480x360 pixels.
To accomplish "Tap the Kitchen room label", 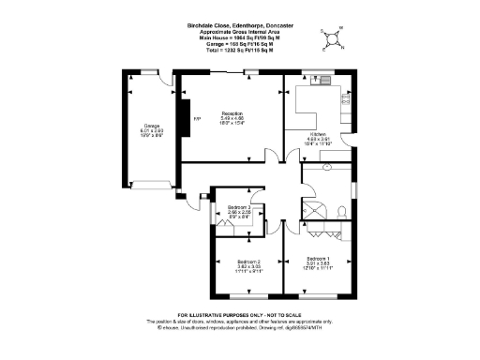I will pyautogui.click(x=320, y=134).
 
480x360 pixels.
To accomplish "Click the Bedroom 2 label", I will pyautogui.click(x=247, y=262).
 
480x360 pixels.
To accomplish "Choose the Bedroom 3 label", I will pyautogui.click(x=239, y=207).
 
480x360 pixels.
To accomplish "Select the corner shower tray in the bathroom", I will pyautogui.click(x=311, y=208).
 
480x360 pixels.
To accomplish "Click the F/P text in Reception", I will pyautogui.click(x=197, y=119).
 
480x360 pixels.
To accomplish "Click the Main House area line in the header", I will pyautogui.click(x=240, y=37).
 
